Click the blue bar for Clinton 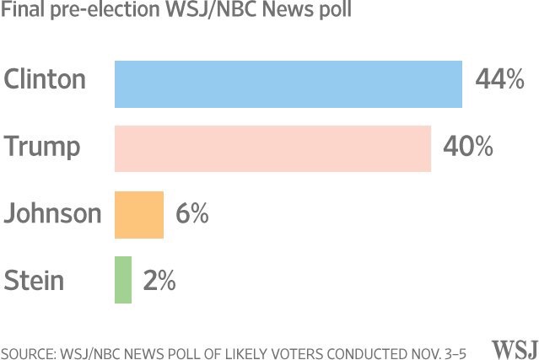coord(288,84)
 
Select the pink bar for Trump coord(272,148)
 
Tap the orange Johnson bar coord(138,214)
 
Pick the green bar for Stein coord(123,279)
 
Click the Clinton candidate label coord(45,79)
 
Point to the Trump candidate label coord(42,147)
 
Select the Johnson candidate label coord(52,213)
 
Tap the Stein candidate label coord(34,279)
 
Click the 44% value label coord(499,80)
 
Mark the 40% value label coord(468,147)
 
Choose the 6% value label coord(191,213)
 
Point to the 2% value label coord(159,280)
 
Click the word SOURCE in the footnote coord(29,351)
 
